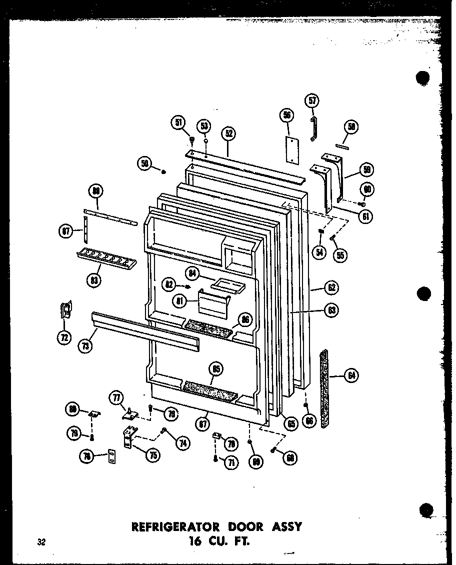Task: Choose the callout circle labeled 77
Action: coord(116,399)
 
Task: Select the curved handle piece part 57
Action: coord(315,129)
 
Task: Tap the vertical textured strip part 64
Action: coord(325,388)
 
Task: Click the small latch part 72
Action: coord(65,310)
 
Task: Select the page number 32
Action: coord(40,541)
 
